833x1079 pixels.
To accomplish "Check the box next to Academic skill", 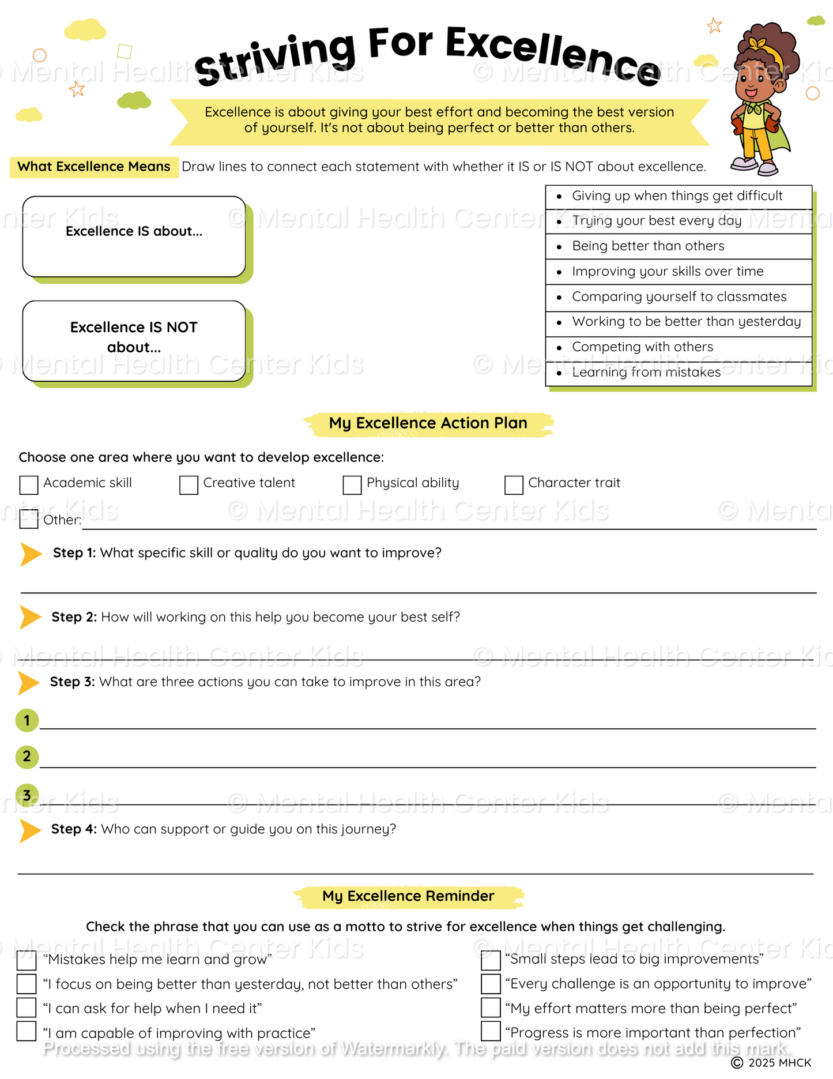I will click(29, 485).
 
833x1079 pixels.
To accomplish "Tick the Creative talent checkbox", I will click(189, 485).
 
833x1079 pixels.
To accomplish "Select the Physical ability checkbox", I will click(352, 485).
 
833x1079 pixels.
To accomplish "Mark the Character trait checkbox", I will click(514, 485).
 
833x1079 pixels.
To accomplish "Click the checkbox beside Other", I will click(29, 519).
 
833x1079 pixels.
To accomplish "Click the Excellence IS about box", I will click(134, 236).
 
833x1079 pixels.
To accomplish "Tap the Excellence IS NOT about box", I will click(134, 341).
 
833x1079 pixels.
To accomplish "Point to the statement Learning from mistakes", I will click(646, 373).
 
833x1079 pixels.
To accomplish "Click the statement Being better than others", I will click(648, 246).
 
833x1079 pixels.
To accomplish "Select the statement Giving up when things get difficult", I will click(677, 196).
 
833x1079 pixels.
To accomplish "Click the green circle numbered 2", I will click(27, 757).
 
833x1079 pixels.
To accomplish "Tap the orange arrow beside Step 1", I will click(31, 554).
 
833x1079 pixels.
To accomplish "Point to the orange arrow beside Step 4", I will click(30, 830).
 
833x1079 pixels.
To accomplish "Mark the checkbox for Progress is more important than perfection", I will click(491, 1031).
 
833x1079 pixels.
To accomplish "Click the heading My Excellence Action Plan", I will click(428, 423).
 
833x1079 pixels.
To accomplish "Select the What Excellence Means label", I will click(94, 167).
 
